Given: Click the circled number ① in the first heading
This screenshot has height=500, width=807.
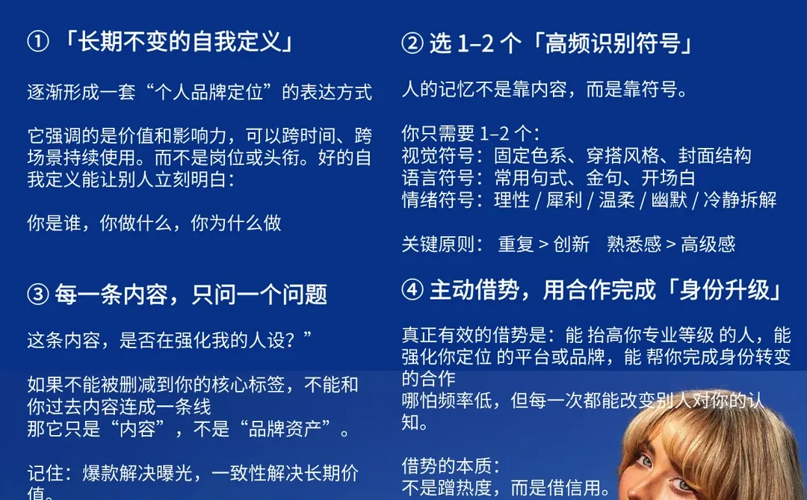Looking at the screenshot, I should click(38, 42).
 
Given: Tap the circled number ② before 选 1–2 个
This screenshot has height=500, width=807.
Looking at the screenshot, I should click(412, 44).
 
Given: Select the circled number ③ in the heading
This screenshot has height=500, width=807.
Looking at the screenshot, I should click(38, 294).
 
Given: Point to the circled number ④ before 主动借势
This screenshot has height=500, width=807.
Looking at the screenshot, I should click(412, 290).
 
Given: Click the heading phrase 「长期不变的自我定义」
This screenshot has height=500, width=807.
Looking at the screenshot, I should click(179, 42).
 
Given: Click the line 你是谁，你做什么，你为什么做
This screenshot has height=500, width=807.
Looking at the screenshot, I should click(154, 223).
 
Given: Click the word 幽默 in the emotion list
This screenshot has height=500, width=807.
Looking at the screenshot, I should click(668, 200).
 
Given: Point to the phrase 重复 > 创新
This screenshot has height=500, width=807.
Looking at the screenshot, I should click(543, 244).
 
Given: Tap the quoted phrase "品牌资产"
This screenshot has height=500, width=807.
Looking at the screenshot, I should click(279, 430).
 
